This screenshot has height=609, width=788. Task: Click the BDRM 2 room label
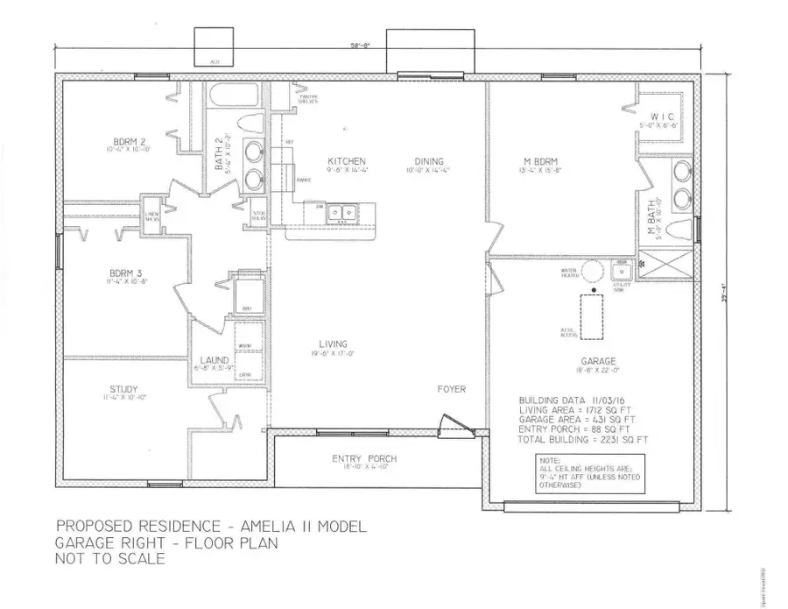point(128,142)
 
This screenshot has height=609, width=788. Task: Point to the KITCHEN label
point(341,161)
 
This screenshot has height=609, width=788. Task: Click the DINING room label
point(425,161)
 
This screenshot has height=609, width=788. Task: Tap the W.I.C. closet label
point(661,117)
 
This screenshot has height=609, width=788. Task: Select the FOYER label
point(452,388)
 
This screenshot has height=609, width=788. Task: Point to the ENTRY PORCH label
point(364,459)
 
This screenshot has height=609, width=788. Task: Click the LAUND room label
point(215,360)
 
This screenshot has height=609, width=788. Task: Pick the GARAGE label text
point(598,361)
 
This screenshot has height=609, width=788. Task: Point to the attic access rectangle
point(593,315)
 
